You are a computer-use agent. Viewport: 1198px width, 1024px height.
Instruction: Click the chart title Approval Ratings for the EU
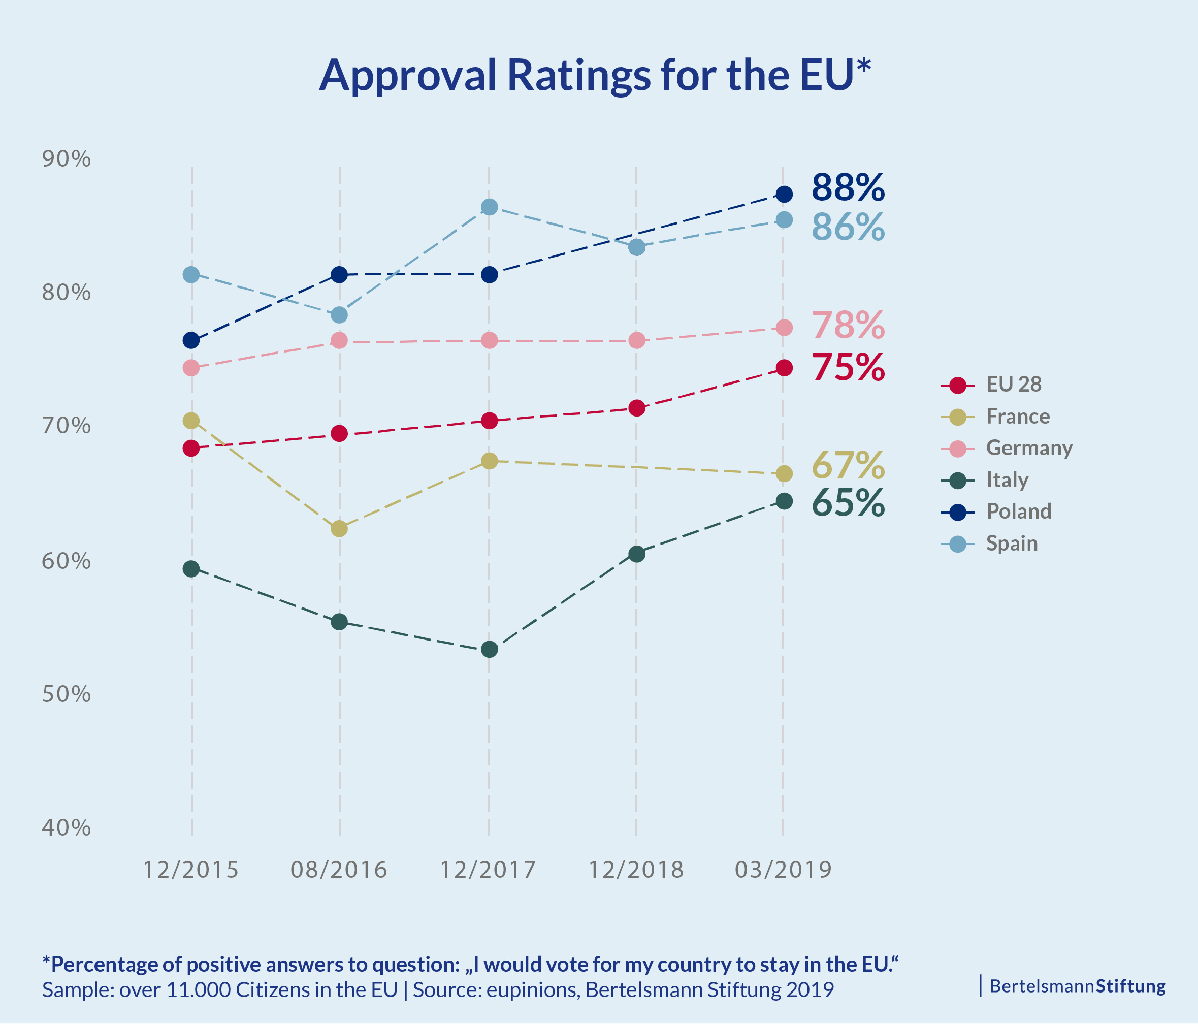(x=595, y=76)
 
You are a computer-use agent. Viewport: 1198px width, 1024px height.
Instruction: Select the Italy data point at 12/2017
(x=489, y=649)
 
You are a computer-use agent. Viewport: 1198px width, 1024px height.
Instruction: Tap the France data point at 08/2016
(x=339, y=528)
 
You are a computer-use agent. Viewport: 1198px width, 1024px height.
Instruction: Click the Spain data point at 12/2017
(x=489, y=207)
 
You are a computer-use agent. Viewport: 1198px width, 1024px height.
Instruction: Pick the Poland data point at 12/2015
(x=191, y=340)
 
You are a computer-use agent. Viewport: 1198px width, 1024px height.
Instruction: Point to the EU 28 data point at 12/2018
(x=637, y=408)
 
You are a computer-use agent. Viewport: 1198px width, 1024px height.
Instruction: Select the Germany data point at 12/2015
(x=191, y=368)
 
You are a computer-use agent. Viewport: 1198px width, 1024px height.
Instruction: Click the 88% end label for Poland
(x=848, y=188)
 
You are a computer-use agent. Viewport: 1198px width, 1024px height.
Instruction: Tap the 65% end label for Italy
(x=848, y=502)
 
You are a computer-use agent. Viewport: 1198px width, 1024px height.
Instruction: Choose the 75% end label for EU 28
(x=848, y=367)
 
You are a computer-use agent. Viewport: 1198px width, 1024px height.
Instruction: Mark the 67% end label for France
(x=848, y=465)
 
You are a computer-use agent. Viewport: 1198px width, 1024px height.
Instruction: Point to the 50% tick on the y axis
(x=66, y=694)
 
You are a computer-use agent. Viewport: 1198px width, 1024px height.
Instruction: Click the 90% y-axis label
(x=66, y=158)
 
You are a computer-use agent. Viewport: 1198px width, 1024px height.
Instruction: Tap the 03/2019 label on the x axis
(x=783, y=870)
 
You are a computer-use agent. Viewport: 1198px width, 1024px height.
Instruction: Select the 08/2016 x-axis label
(x=339, y=870)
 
